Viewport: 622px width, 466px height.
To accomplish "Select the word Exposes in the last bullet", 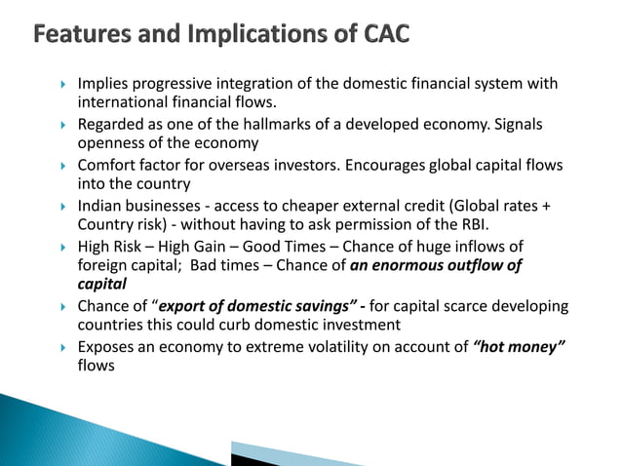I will (107, 347).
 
